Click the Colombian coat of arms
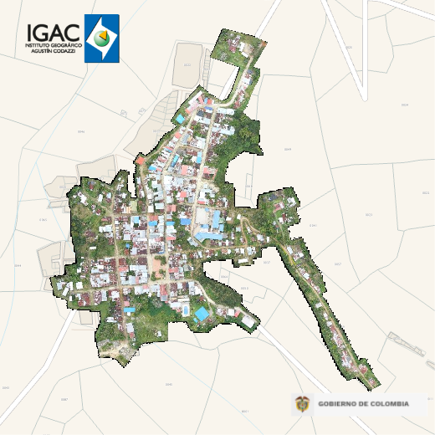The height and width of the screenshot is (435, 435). coord(302,405)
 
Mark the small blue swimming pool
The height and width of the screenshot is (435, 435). coord(185,310)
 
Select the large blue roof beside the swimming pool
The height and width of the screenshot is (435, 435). coord(202,315)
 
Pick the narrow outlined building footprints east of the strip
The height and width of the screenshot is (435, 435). coord(406,347)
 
